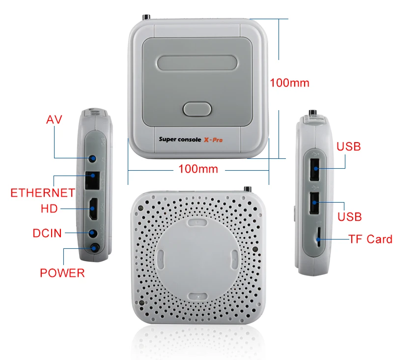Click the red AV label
(x=54, y=120)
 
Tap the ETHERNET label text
(x=43, y=193)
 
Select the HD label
(x=49, y=209)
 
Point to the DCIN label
(x=47, y=233)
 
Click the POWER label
(x=62, y=273)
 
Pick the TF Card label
(x=370, y=239)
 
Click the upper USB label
(x=348, y=147)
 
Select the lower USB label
(x=349, y=217)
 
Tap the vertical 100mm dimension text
(x=289, y=83)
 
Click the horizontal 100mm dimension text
(x=198, y=169)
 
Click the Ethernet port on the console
(x=92, y=180)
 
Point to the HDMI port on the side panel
(x=93, y=209)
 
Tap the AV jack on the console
(x=92, y=158)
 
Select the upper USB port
(x=314, y=169)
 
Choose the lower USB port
(x=314, y=203)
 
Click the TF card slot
(x=318, y=238)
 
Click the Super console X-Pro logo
(x=191, y=140)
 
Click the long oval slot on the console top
(x=197, y=63)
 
